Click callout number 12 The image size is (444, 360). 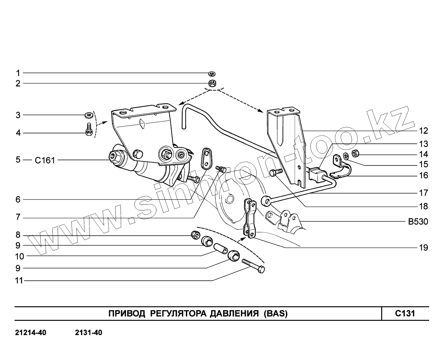423,131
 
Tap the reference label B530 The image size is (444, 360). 418,222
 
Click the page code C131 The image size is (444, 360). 405,313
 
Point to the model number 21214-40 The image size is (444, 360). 30,333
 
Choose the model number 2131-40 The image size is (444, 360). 88,333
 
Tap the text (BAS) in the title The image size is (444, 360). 275,313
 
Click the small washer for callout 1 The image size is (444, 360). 212,74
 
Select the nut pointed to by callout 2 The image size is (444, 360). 213,83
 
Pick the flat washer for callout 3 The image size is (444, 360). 88,115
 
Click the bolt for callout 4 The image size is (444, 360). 89,130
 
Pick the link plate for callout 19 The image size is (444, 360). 249,219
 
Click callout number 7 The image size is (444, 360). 18,217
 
